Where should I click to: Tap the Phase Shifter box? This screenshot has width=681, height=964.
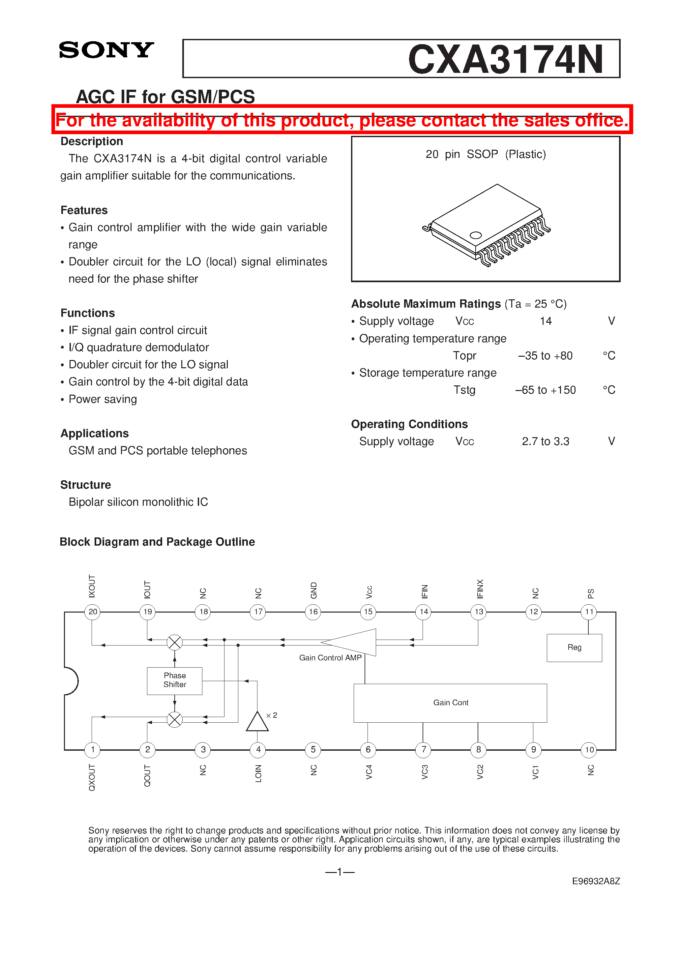(x=175, y=680)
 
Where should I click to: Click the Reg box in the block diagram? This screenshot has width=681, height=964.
(x=574, y=648)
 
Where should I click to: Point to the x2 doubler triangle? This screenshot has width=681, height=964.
(x=257, y=722)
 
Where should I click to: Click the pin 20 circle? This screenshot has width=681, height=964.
(x=92, y=612)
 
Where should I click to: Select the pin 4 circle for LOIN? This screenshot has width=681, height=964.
(x=258, y=749)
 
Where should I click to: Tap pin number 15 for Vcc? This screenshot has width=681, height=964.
(x=368, y=612)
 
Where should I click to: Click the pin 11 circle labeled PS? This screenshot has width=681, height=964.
(x=589, y=612)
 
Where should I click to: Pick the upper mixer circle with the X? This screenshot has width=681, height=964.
(x=175, y=642)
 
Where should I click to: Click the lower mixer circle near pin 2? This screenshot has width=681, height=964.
(x=175, y=720)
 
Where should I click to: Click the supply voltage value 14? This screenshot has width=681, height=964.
(x=546, y=321)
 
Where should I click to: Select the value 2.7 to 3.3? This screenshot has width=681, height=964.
(x=546, y=441)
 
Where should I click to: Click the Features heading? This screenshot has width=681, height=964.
(x=84, y=210)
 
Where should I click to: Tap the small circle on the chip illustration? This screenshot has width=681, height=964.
(x=475, y=235)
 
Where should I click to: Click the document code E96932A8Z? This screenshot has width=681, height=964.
(x=595, y=881)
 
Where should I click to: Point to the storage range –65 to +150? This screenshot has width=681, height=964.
(x=546, y=390)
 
